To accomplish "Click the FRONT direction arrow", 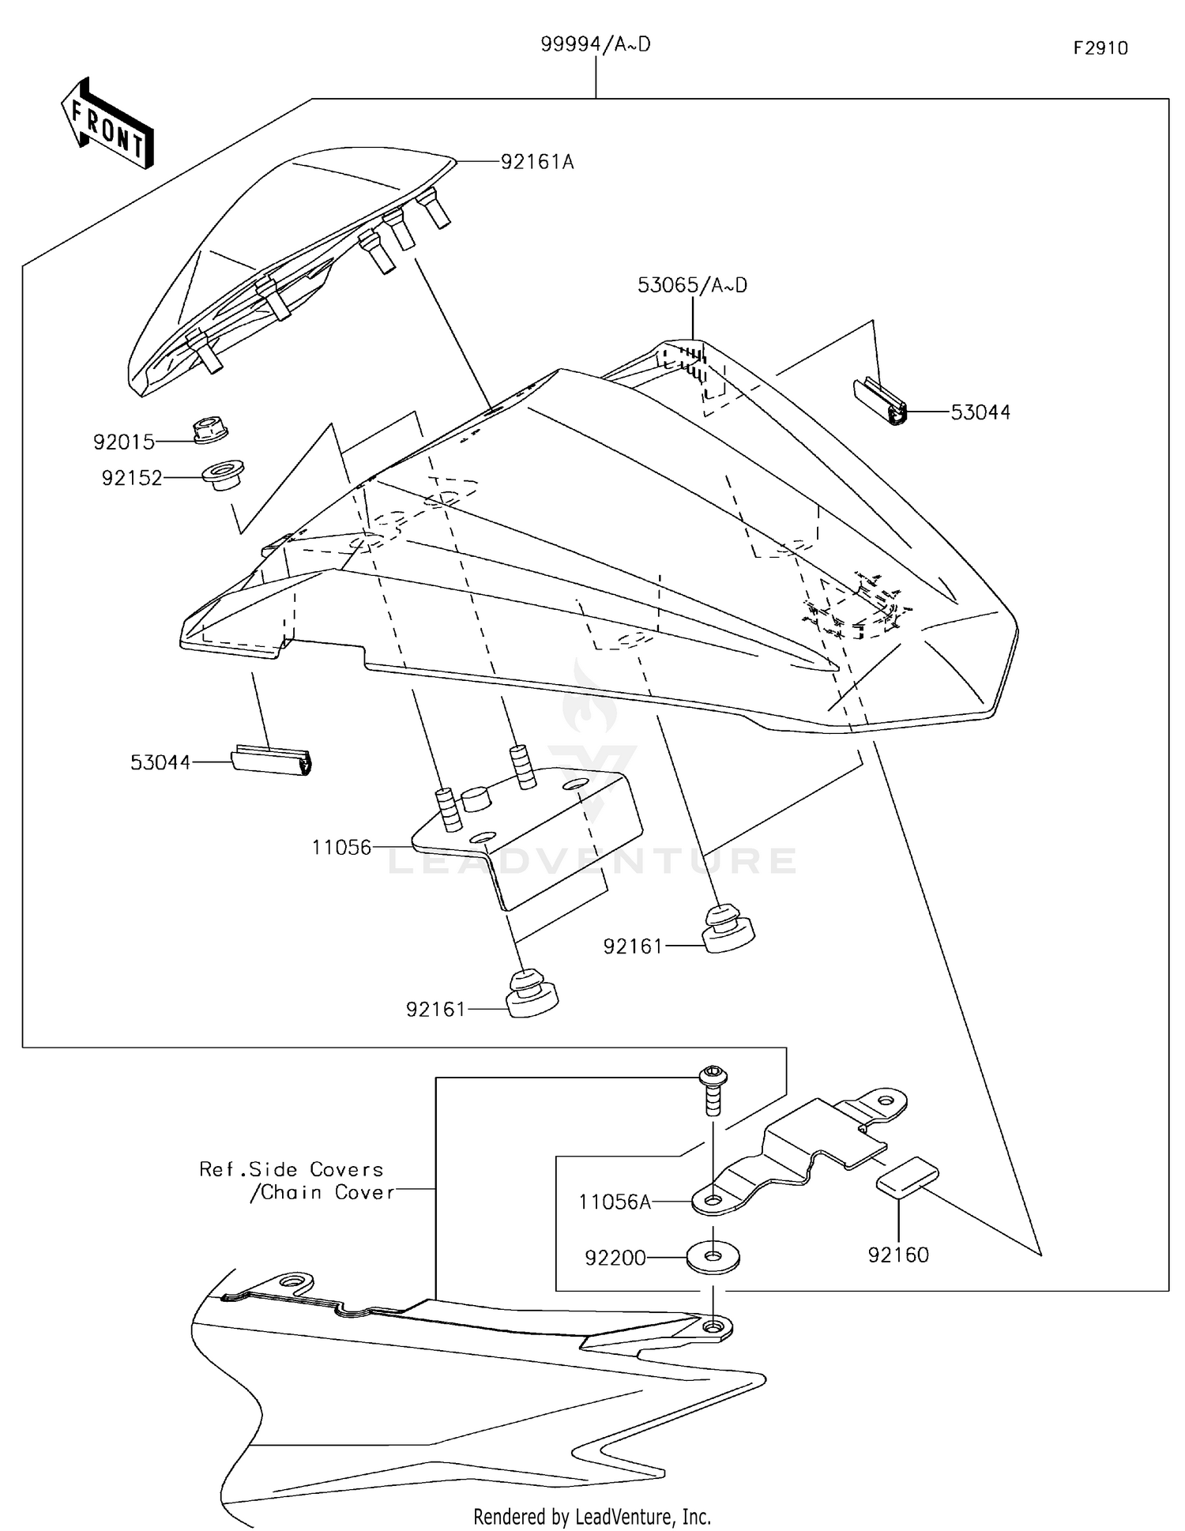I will coord(107,125).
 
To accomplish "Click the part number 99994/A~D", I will coord(595,45).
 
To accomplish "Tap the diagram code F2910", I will coord(1100,49).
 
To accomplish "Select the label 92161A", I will coord(537,163).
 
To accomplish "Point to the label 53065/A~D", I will coord(692,286).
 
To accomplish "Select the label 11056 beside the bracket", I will coord(341,848).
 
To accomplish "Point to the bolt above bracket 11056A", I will coord(713,1089).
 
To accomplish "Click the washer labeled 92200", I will coord(713,1257).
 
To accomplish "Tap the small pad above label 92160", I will coord(907,1176).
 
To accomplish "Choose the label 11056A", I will coord(615,1202).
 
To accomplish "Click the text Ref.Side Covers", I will coord(291,1169).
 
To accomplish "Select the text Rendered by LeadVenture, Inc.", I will coord(592,1516).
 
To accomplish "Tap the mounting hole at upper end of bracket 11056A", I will coord(886,1100).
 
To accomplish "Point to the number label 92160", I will coord(898,1255).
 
